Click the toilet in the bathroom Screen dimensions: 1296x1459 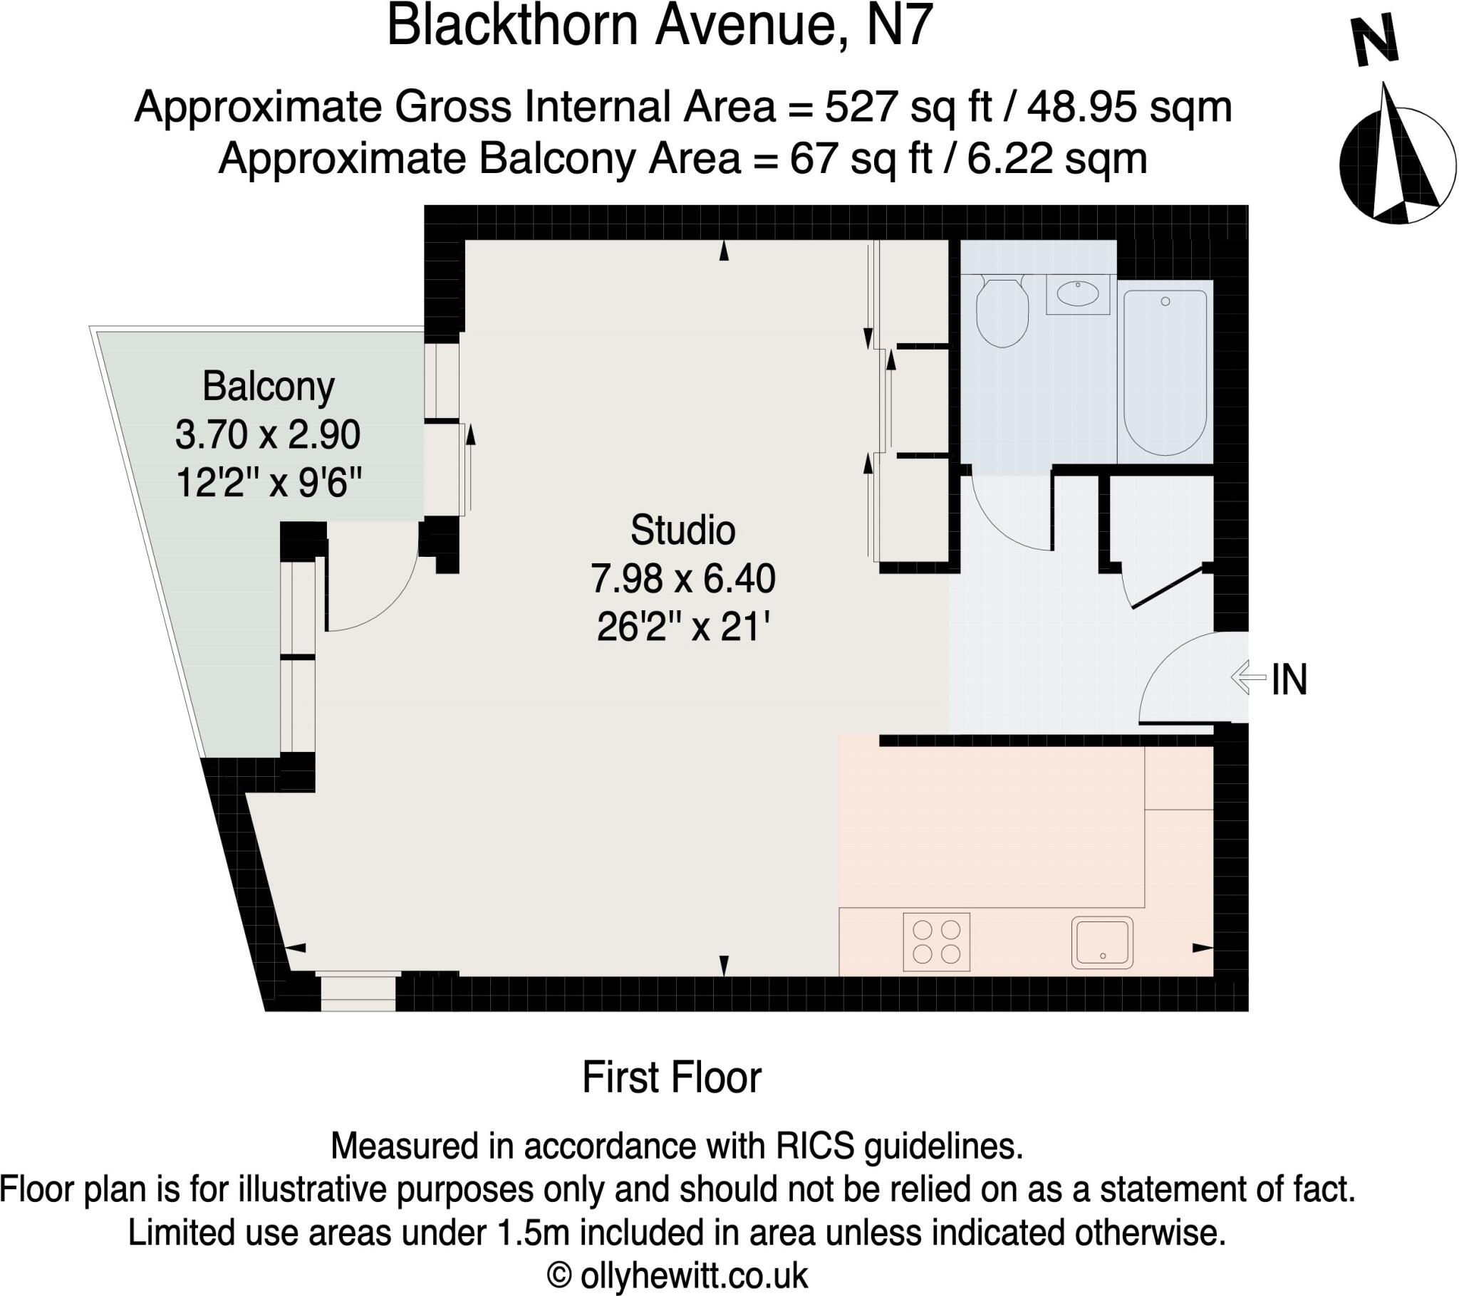pyautogui.click(x=1002, y=313)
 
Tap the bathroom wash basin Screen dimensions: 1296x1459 pyautogui.click(x=1078, y=293)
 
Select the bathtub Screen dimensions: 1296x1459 pyautogui.click(x=1165, y=372)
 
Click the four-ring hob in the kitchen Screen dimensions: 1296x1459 pyautogui.click(x=937, y=942)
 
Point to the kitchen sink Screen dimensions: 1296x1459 pyautogui.click(x=1102, y=942)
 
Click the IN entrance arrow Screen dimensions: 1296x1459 pyautogui.click(x=1248, y=677)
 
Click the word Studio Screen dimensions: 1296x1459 pyautogui.click(x=682, y=531)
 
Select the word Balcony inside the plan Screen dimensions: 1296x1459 pyautogui.click(x=269, y=387)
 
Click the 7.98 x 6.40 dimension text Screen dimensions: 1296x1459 pyautogui.click(x=682, y=579)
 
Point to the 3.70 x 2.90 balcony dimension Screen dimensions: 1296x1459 pyautogui.click(x=268, y=434)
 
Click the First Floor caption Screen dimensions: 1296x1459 pyautogui.click(x=672, y=1077)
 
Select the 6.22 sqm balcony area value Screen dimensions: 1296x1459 pyautogui.click(x=1056, y=158)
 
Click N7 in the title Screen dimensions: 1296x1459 pyautogui.click(x=899, y=26)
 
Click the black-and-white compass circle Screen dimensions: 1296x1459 pyautogui.click(x=1397, y=165)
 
